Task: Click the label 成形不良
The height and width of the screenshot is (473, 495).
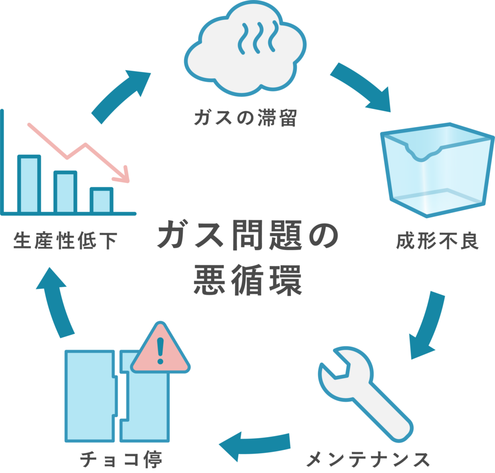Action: coord(437,241)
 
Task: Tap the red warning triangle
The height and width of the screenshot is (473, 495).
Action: coord(160,350)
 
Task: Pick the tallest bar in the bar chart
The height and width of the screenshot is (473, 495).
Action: coord(29,184)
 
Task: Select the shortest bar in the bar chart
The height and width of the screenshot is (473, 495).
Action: coord(102,200)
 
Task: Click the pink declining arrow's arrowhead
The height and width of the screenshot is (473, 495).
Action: coord(125,175)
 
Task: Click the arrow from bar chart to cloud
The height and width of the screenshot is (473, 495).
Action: coord(121,94)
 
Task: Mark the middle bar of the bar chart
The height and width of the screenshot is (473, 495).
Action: coord(65,192)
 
